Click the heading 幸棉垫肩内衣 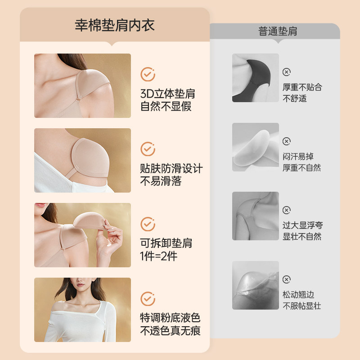pyautogui.click(x=114, y=25)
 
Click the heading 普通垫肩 pyautogui.click(x=278, y=31)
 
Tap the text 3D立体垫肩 pyautogui.click(x=168, y=94)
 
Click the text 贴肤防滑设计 pyautogui.click(x=171, y=169)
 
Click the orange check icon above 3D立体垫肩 pyautogui.click(x=148, y=74)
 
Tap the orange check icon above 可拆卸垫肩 pyautogui.click(x=148, y=224)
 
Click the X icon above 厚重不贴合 pyautogui.click(x=287, y=72)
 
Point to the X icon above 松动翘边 pyautogui.click(x=287, y=280)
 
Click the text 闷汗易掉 pyautogui.click(x=298, y=157)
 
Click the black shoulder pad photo pyautogui.click(x=256, y=78)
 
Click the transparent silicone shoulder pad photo pyautogui.click(x=256, y=285)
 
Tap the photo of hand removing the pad pyautogui.click(x=82, y=235)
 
